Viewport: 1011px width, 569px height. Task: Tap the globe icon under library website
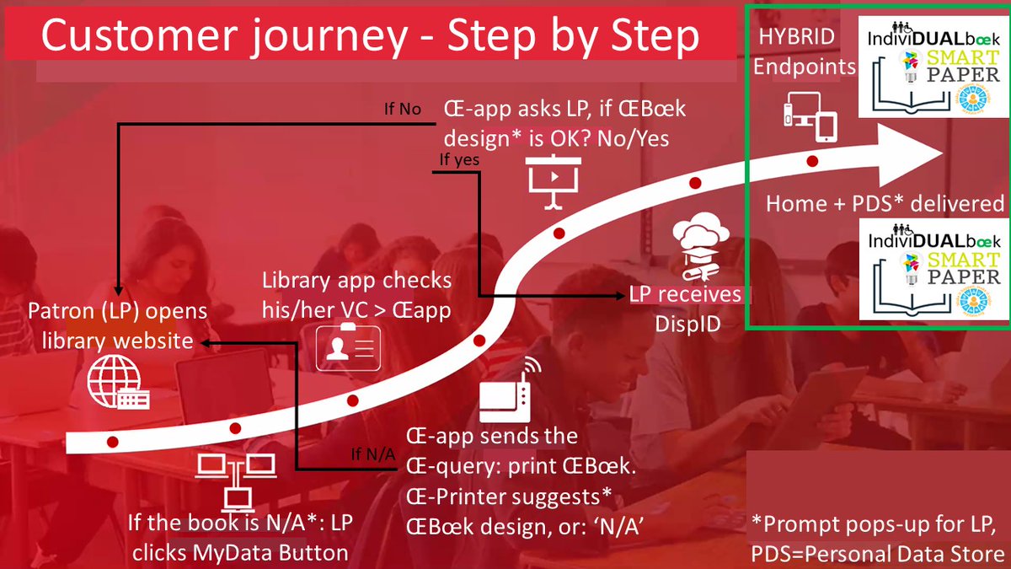[118, 384]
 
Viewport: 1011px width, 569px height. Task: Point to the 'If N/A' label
[372, 456]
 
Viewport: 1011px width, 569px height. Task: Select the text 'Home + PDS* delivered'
[885, 203]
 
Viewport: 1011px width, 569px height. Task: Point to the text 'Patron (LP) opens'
[117, 311]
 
